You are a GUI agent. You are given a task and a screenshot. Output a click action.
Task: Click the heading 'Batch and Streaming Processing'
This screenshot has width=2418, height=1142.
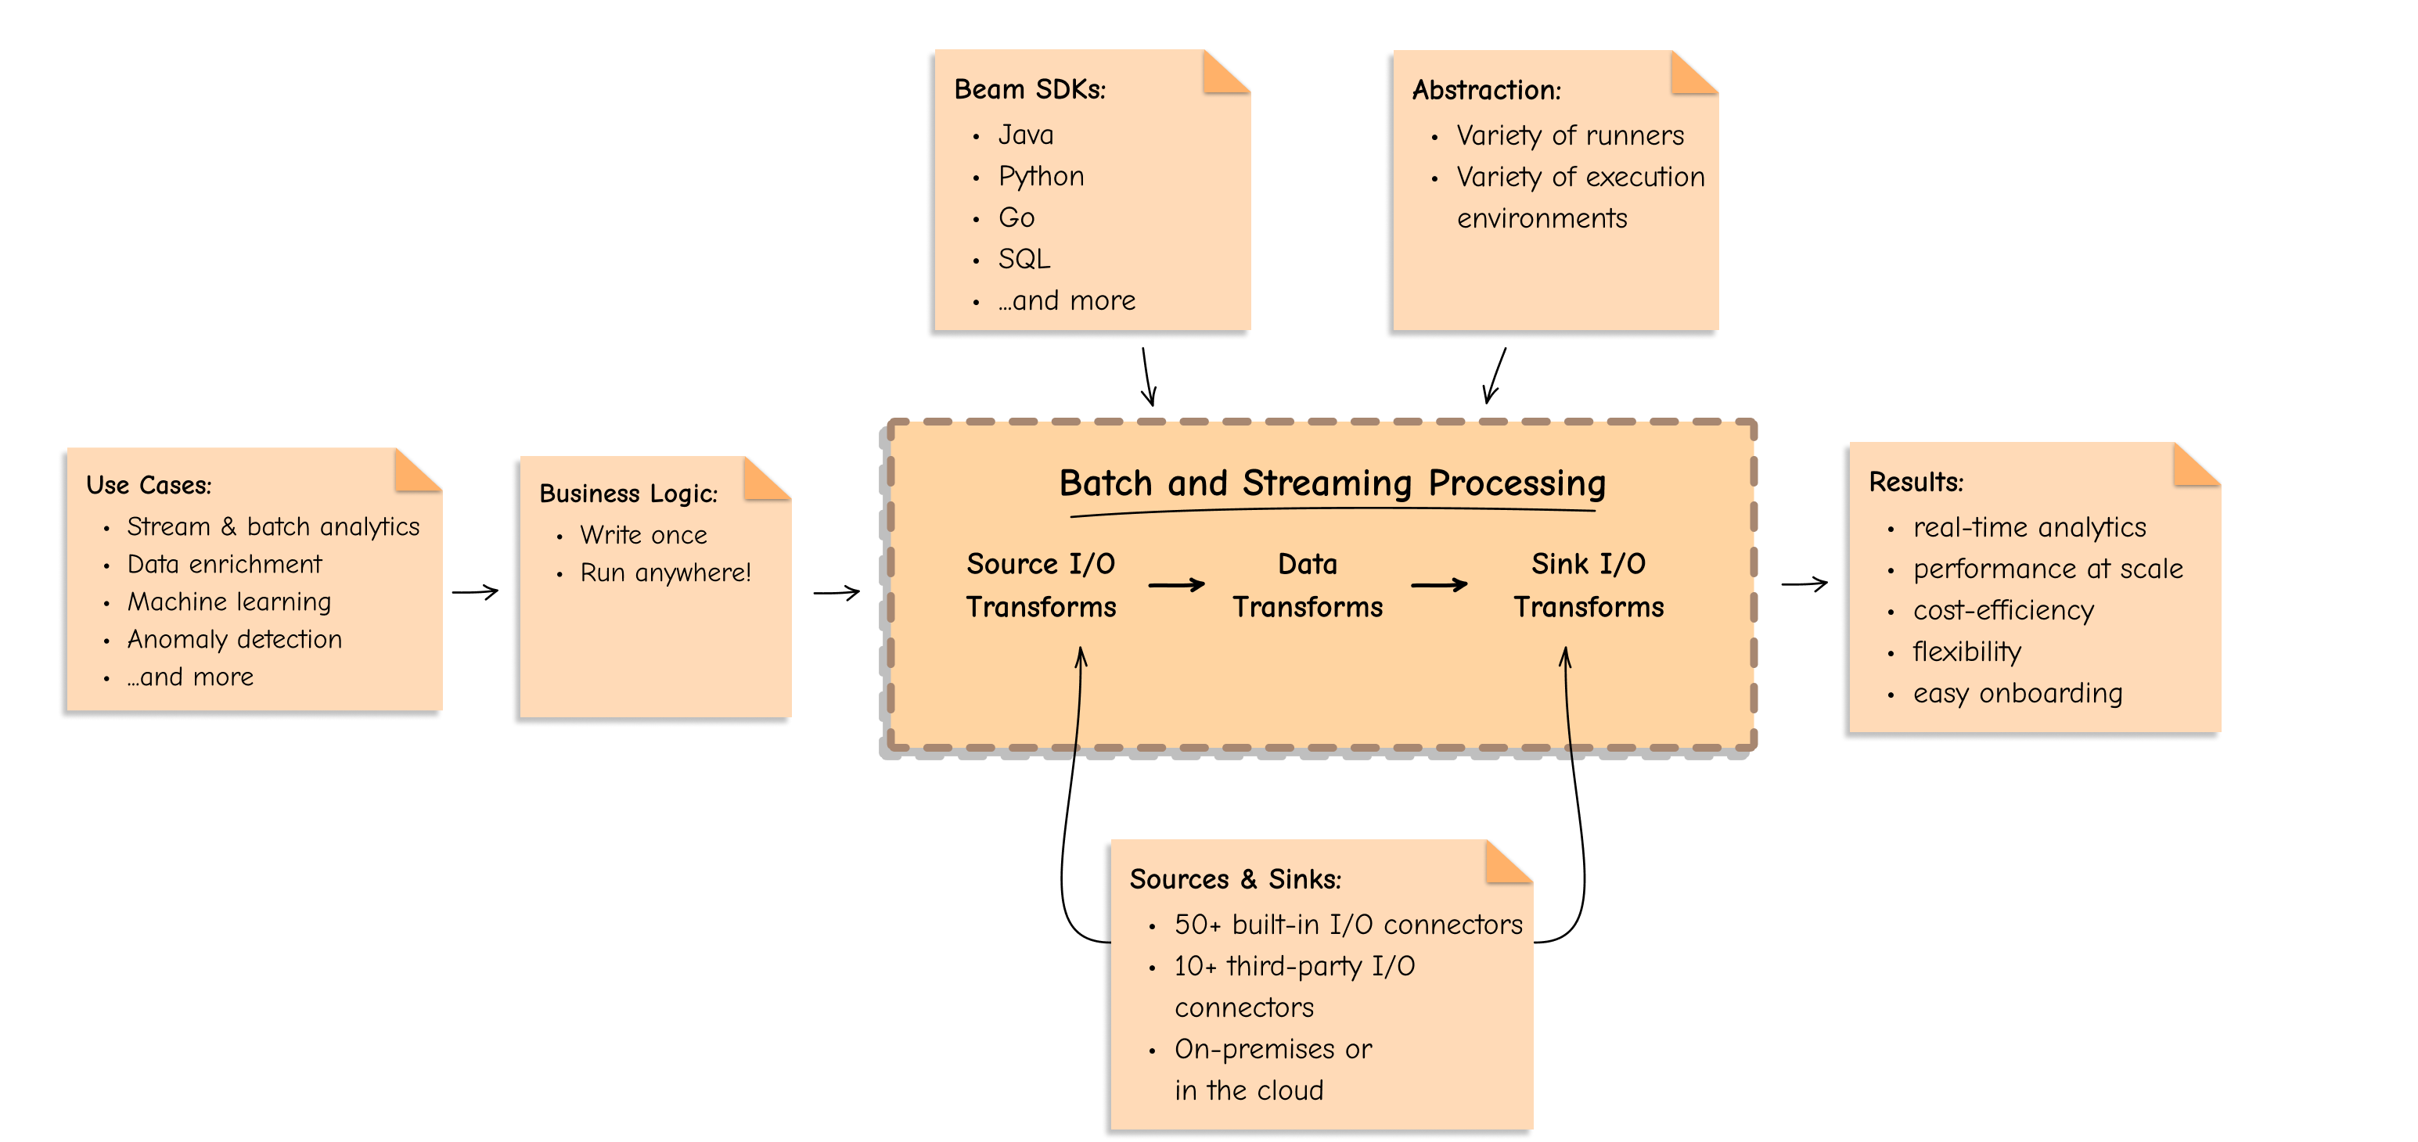(1332, 483)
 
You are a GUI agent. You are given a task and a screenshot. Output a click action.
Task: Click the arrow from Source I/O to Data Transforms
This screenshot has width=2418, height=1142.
(1176, 584)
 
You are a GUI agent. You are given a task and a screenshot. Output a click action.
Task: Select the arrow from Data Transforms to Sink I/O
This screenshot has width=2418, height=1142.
(1439, 584)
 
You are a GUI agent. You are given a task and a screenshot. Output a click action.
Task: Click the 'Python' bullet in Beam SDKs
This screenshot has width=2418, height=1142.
(1041, 177)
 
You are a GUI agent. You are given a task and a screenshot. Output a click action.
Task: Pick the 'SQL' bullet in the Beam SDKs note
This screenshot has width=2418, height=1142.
(1024, 259)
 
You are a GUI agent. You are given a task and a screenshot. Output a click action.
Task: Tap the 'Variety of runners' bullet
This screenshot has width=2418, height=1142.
(1570, 136)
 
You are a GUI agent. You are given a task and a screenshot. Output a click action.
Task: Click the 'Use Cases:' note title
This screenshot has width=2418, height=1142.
(149, 485)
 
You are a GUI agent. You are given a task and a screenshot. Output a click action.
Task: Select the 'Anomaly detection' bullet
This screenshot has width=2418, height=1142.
(235, 639)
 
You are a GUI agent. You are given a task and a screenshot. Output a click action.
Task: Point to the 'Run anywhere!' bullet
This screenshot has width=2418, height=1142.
(665, 573)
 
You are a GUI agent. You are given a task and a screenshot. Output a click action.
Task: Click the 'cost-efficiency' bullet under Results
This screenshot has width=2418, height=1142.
(2003, 611)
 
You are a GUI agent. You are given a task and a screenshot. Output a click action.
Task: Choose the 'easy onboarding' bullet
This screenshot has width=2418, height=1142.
(2017, 694)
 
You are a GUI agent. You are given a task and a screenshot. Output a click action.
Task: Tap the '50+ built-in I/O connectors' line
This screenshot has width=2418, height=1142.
(1348, 925)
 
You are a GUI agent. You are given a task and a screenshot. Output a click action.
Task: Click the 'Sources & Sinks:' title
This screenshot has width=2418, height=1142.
(1236, 879)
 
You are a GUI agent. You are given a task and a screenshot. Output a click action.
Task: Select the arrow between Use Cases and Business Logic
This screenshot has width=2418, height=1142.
(475, 592)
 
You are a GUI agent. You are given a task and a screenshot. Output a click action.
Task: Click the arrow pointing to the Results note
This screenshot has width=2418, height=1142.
(1805, 584)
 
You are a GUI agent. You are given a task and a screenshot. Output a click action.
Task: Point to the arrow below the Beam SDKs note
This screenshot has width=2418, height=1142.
(1148, 376)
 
